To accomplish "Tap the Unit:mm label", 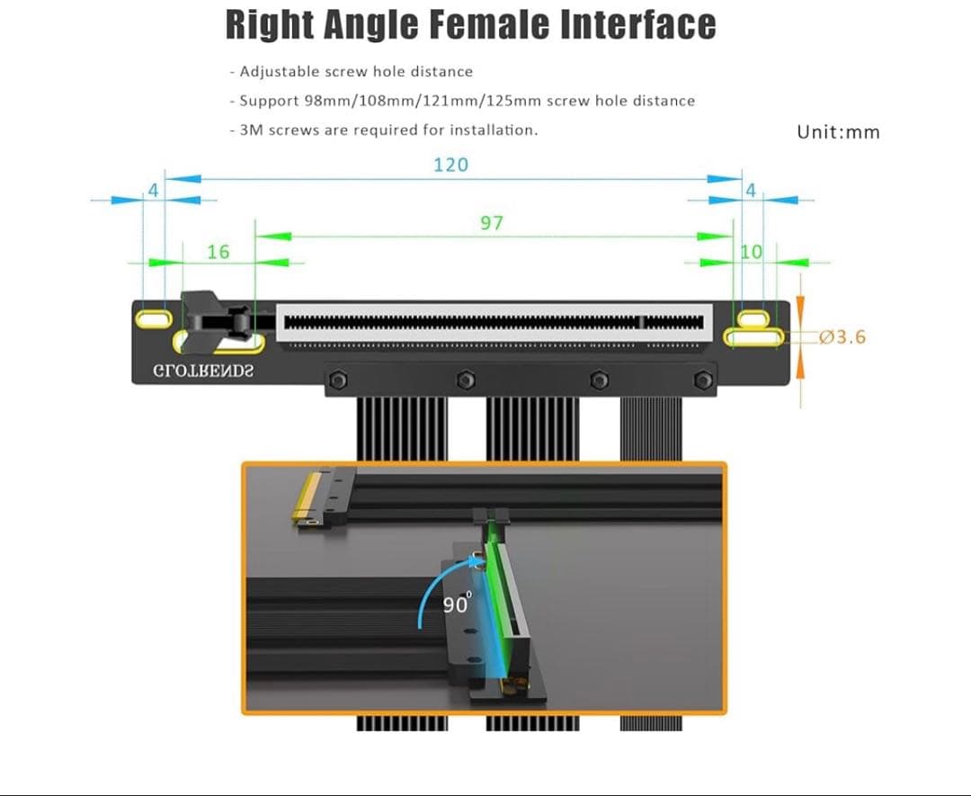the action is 839,132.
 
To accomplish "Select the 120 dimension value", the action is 450,165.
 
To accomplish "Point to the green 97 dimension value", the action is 492,223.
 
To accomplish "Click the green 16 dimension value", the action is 218,252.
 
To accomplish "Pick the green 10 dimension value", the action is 751,252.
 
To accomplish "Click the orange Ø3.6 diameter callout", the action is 842,337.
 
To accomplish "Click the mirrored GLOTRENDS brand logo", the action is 203,371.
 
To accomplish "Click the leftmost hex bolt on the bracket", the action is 338,380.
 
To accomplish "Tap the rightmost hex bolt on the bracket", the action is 703,380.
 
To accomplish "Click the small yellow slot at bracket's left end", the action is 155,318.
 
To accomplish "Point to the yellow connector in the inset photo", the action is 307,496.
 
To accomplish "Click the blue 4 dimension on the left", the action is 154,190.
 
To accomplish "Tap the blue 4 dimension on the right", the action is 751,190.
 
